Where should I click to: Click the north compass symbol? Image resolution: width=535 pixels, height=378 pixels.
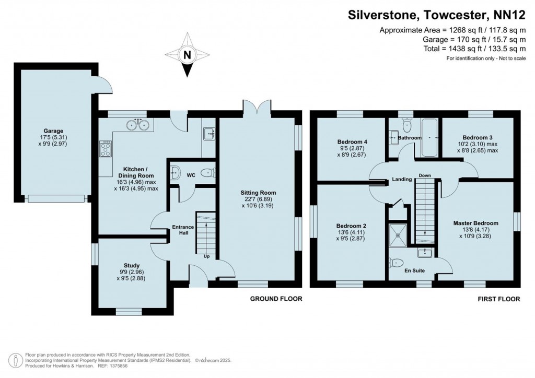pos(187,55)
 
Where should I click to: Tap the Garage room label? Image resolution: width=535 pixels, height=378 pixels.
pos(53,131)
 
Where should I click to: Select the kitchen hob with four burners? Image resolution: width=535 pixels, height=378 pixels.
pos(106,149)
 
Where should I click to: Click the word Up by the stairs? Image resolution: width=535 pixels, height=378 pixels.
pos(207,256)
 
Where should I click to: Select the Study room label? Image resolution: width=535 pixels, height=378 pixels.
pos(132,265)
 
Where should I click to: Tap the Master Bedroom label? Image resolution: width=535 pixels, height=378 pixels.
pos(475,223)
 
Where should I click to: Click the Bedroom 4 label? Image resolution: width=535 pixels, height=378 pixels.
pos(348,142)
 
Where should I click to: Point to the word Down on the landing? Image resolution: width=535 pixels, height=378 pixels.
pos(424,175)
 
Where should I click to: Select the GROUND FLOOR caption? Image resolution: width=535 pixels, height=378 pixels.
pos(275,299)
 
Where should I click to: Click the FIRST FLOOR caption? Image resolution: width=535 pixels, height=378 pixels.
pos(498,299)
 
